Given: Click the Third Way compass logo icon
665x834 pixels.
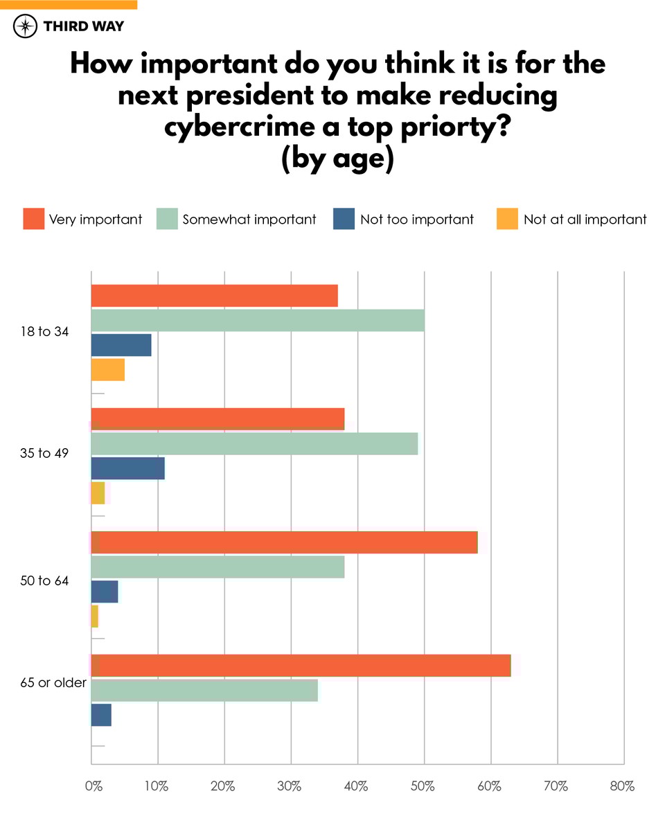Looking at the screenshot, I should tap(26, 27).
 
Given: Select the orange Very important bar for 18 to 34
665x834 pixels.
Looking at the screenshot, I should tap(214, 296).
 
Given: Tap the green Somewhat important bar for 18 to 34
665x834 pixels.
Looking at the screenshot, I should tap(258, 321).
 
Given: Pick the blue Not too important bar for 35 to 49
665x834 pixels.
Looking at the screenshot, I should tap(127, 468).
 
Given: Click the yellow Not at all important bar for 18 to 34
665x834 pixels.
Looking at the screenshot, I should tap(108, 370).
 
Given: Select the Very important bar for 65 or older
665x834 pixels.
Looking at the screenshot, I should tap(301, 666).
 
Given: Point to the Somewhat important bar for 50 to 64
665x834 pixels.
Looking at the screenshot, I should tap(218, 567).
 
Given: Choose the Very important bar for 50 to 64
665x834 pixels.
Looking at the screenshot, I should tap(284, 542).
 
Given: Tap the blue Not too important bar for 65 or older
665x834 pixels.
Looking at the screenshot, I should tap(101, 715).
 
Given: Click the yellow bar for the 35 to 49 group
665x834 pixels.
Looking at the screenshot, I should tap(98, 493).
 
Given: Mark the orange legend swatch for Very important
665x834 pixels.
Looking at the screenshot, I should tap(33, 219).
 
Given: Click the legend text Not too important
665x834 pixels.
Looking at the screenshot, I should tap(417, 220).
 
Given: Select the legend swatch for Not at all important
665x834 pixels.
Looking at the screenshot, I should tap(507, 219).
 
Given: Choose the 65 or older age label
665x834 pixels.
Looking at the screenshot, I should tap(53, 682).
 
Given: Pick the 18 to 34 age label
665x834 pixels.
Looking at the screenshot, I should tap(45, 332).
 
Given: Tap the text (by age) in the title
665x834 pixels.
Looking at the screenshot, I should tap(337, 158).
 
